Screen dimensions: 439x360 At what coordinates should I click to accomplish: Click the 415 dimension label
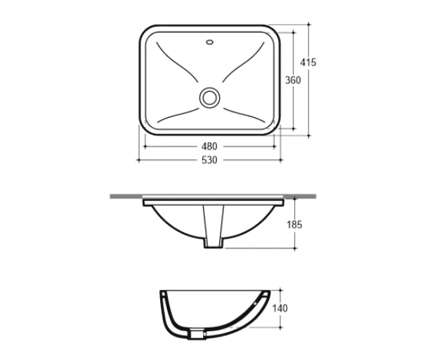[x=308, y=62]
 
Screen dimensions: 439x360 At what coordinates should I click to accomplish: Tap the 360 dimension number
[x=293, y=80]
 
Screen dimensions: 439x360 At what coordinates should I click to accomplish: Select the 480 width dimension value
[x=209, y=146]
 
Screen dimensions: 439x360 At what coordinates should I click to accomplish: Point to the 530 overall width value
[x=209, y=160]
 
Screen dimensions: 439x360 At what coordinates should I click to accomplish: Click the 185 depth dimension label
[x=294, y=225]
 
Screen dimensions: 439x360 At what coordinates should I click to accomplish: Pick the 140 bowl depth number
[x=280, y=308]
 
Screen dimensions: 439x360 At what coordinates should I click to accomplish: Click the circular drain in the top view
[x=209, y=98]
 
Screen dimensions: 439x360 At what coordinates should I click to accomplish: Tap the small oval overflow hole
[x=210, y=42]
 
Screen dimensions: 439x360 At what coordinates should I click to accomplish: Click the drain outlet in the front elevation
[x=214, y=227]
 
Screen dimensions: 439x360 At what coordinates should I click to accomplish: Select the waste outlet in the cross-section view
[x=197, y=335]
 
